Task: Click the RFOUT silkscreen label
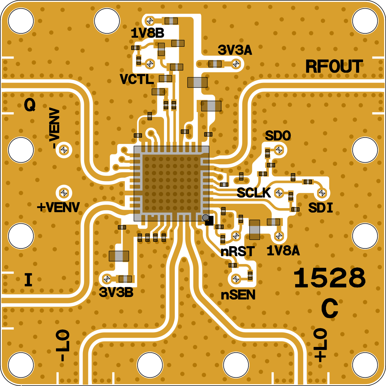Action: pos(334,67)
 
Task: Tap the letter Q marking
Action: pos(30,105)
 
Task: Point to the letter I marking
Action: pos(28,280)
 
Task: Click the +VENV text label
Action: pos(58,207)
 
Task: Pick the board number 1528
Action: pos(329,278)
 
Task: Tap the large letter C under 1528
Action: pos(329,309)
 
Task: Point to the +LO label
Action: pos(320,345)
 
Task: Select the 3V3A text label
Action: pos(235,50)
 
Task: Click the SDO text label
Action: pos(278,136)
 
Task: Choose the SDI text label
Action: pos(321,208)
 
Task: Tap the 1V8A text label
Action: pos(283,251)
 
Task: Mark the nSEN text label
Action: pos(238,295)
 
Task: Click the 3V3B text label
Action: pos(116,293)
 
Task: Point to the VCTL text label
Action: pos(137,79)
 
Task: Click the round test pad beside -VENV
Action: pos(64,149)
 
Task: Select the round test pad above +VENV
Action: pos(64,193)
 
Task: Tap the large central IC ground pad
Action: pos(172,184)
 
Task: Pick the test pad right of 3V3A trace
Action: pos(236,64)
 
